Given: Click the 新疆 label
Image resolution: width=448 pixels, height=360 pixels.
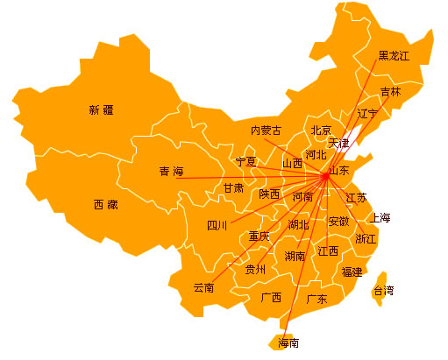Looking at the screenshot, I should click(x=102, y=110).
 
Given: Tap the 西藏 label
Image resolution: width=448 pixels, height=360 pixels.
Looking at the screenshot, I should click(x=105, y=205).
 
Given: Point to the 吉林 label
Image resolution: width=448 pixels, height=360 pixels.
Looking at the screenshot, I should click(x=391, y=91).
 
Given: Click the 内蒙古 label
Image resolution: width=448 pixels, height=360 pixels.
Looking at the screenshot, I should click(x=267, y=131).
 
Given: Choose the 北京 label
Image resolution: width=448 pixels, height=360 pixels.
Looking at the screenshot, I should click(x=321, y=131).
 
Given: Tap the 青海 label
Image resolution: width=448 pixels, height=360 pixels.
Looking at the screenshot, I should click(x=171, y=171).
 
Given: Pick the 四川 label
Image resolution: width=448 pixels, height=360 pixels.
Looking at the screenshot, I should click(x=217, y=225).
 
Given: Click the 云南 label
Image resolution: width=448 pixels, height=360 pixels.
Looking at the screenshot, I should click(x=203, y=287).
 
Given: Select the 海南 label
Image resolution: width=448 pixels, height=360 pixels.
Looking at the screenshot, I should click(x=288, y=342).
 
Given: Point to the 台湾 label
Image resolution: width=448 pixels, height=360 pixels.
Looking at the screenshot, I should click(x=384, y=290).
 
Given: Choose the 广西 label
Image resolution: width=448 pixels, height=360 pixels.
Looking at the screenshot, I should click(x=272, y=297).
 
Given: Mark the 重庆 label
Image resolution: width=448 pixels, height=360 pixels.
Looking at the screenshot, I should click(x=260, y=236).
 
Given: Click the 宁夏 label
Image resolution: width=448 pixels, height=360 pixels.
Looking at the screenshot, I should click(x=246, y=162).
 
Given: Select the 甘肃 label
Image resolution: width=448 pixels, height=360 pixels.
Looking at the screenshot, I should click(x=233, y=187).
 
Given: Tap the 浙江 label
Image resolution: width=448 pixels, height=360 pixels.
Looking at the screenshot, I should click(x=366, y=238).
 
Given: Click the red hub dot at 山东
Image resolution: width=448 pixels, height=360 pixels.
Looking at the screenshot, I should click(x=325, y=176).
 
